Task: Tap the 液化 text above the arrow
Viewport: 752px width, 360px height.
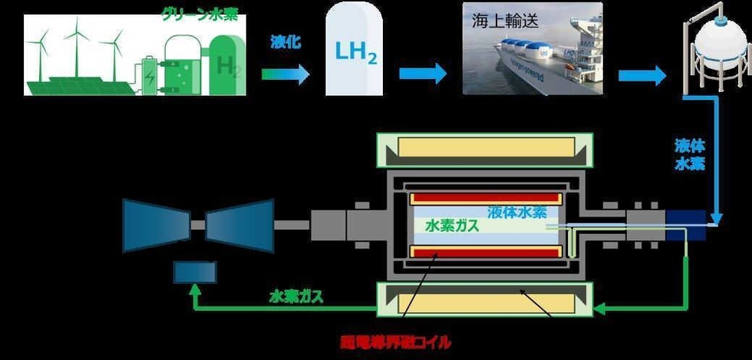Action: click(286, 43)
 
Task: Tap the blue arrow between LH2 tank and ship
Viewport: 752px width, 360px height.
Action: click(422, 74)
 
